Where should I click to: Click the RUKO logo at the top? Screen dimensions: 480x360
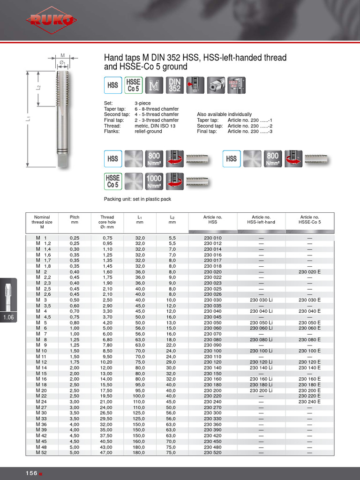point(52,20)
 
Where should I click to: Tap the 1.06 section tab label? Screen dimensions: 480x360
point(9,318)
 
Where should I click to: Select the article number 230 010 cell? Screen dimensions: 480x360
point(213,238)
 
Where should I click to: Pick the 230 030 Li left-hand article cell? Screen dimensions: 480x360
point(261,300)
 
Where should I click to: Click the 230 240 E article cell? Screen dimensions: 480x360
point(309,402)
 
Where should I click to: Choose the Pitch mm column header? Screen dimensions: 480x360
point(75,220)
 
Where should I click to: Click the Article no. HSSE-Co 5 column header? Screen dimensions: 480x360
point(309,220)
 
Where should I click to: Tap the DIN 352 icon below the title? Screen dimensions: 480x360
point(174,86)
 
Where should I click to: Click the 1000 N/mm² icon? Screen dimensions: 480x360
point(154,181)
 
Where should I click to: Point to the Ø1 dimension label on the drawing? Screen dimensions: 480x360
point(62,62)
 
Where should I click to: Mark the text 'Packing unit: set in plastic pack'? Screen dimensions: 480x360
point(137,199)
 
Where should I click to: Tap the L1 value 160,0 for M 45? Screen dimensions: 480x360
point(140,441)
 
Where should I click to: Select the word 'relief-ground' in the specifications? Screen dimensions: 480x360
point(148,132)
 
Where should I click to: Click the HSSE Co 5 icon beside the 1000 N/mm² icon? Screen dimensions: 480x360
point(112,181)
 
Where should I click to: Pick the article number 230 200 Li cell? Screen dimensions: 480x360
point(261,390)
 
